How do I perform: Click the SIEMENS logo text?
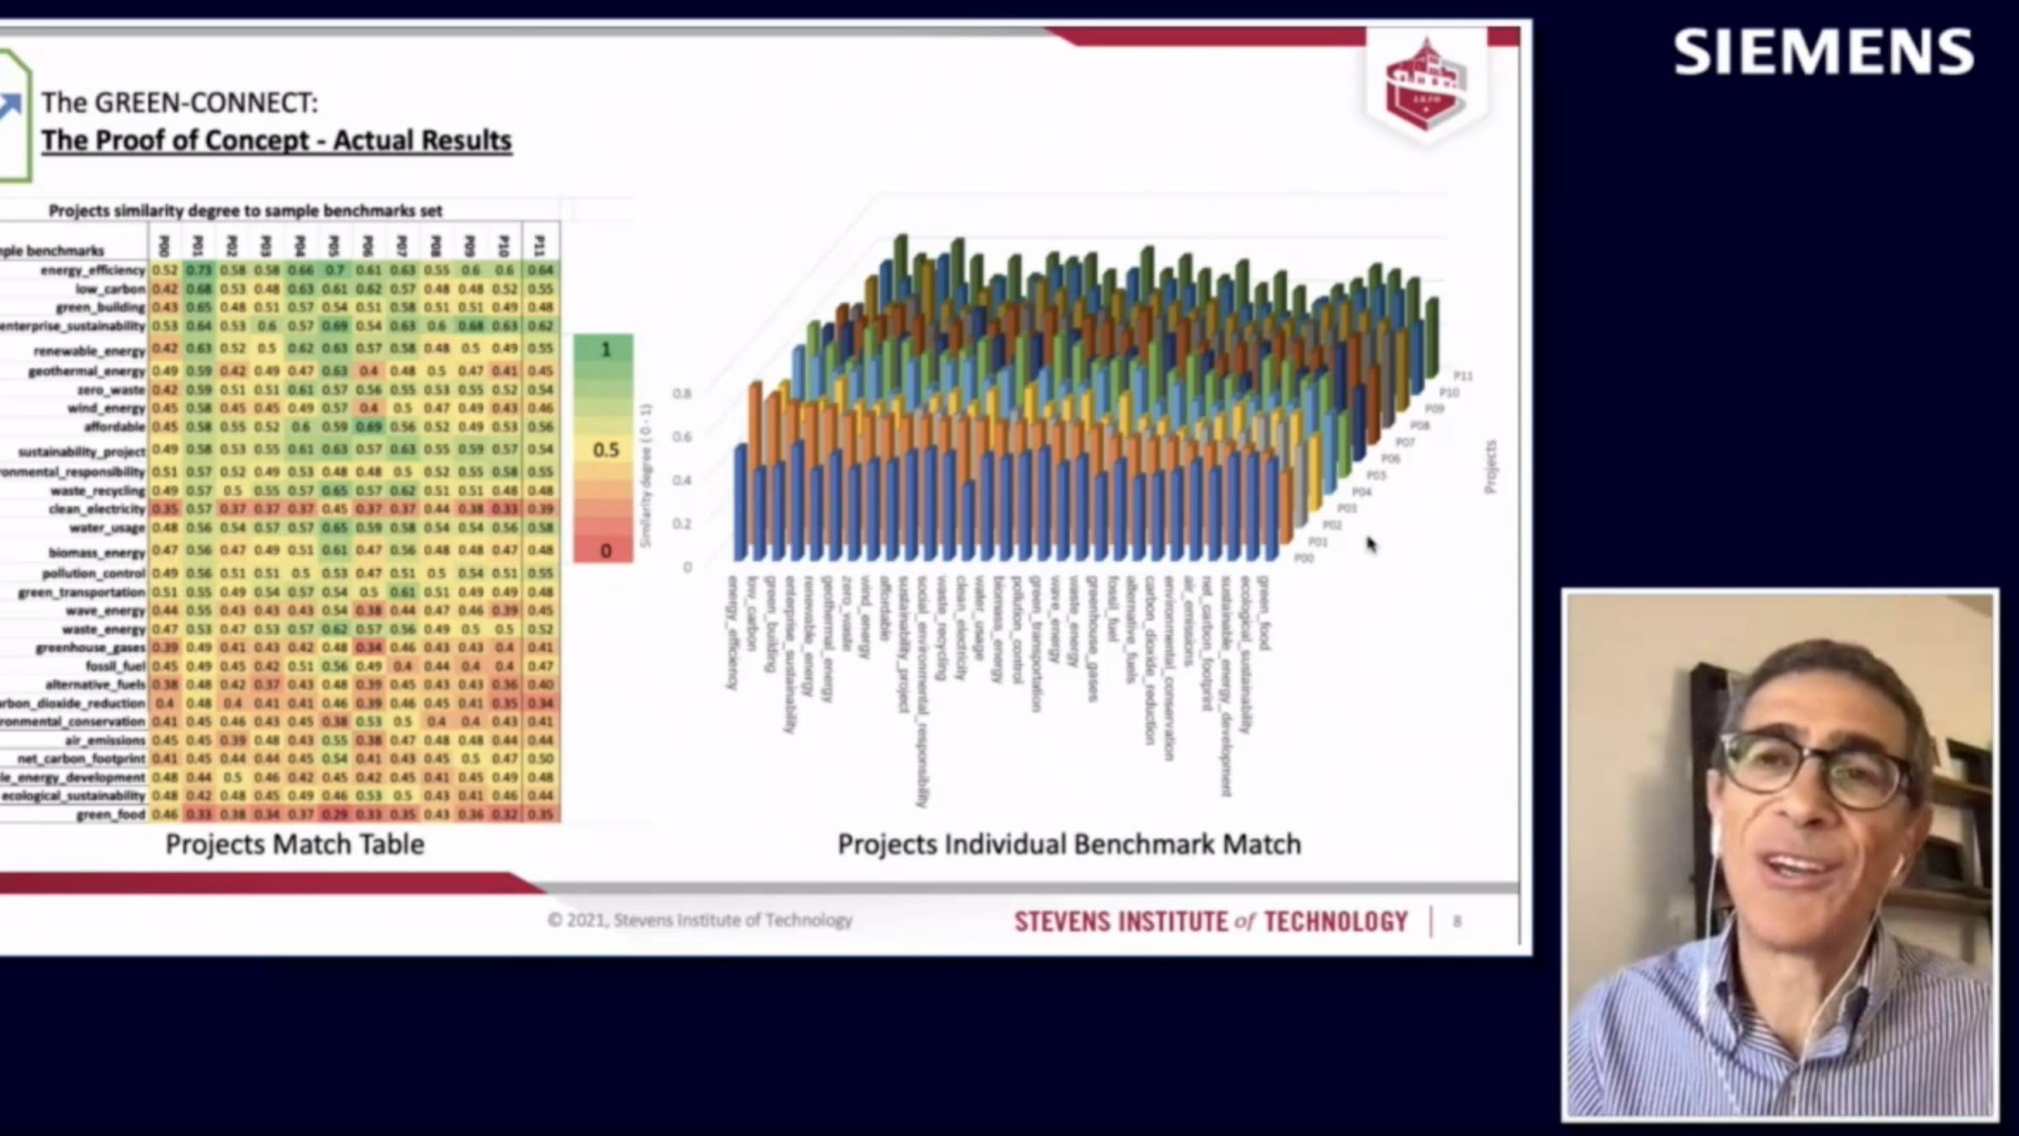tap(1823, 52)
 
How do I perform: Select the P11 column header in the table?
tap(540, 245)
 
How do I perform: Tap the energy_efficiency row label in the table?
tap(93, 270)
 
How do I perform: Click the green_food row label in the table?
tap(110, 815)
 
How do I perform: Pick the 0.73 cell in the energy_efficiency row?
tap(199, 270)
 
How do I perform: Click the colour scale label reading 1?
tap(605, 348)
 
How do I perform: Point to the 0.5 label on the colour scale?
tap(605, 449)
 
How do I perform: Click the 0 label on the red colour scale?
tap(605, 551)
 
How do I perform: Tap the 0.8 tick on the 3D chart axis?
tap(681, 393)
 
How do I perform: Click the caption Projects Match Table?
tap(294, 844)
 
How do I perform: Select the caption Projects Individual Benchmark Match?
tap(1068, 844)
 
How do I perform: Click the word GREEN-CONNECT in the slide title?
tap(205, 103)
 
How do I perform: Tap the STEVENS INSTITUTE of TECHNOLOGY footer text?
tap(1211, 921)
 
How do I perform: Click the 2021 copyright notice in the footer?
tap(699, 920)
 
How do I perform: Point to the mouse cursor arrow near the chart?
tap(1371, 544)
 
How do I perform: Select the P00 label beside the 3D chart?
tap(1303, 558)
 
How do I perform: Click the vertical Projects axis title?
tap(1490, 467)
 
